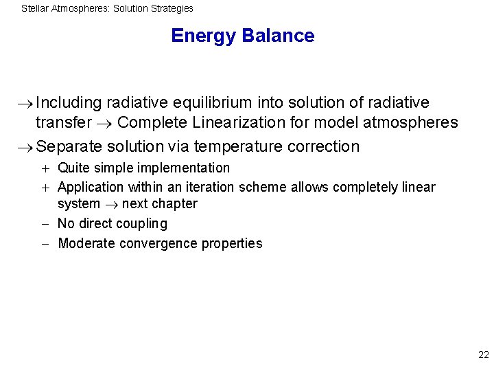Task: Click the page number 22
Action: click(483, 355)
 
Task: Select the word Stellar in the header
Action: click(35, 9)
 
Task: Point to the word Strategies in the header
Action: click(172, 9)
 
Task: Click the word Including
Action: click(69, 103)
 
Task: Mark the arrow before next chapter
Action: click(110, 205)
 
